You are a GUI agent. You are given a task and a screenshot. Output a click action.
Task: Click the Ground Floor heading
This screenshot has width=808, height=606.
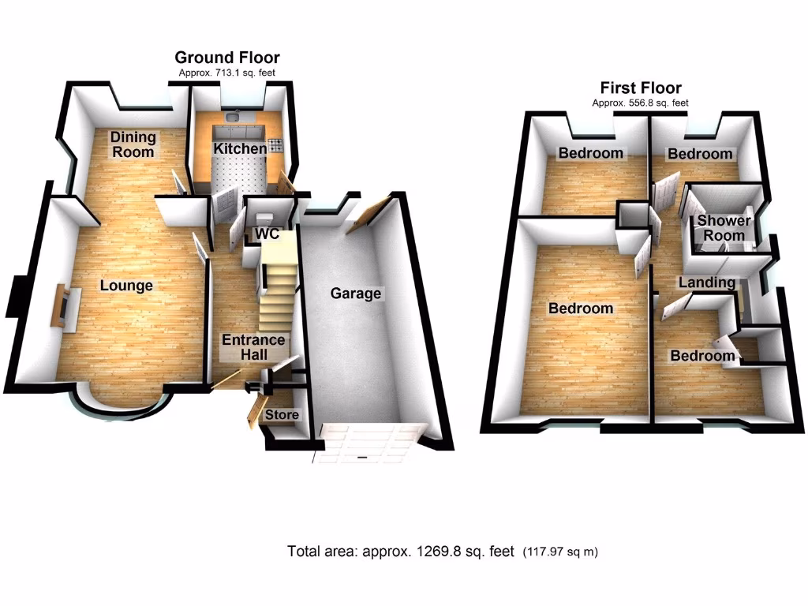point(226,58)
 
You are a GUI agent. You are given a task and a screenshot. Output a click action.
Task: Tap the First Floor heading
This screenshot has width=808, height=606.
point(641,88)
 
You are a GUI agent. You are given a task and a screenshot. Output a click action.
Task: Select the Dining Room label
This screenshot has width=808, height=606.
point(133,144)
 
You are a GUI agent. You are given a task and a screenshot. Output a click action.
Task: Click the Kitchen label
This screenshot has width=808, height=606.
point(240,149)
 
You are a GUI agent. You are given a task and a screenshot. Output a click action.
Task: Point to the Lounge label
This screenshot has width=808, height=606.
point(126,286)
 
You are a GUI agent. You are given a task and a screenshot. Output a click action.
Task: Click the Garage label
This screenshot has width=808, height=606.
point(355,294)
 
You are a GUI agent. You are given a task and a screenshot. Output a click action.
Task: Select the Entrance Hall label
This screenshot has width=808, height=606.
point(252,347)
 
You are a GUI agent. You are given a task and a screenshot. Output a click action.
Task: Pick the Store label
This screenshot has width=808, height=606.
point(282,415)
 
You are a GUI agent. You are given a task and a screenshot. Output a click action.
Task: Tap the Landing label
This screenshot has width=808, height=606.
point(706,282)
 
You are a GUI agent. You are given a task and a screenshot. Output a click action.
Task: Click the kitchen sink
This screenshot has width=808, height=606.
point(233,118)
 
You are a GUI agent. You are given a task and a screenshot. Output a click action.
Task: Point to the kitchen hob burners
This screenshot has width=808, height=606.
point(276,144)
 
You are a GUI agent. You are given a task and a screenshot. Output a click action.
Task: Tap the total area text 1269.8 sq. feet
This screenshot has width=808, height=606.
point(401,551)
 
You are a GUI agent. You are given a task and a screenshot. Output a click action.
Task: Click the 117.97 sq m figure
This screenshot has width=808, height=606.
point(566,551)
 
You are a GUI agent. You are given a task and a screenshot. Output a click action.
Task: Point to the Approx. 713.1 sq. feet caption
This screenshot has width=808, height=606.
point(226,73)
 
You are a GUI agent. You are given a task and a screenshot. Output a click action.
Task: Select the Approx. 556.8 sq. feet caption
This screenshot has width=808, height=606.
point(641,103)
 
